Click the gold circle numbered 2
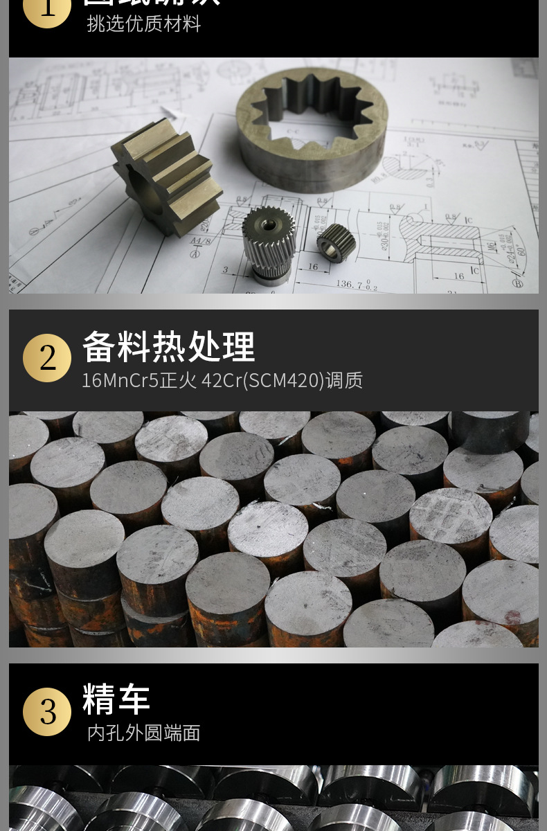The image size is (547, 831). [x=47, y=358]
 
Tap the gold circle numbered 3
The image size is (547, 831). [x=47, y=712]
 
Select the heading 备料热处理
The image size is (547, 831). [x=169, y=347]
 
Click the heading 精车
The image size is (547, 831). [x=116, y=699]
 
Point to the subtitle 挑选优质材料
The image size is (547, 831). [x=144, y=24]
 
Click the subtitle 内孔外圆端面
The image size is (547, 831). [x=144, y=733]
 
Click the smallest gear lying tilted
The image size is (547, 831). [x=337, y=242]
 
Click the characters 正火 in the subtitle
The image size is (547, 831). [x=179, y=380]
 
